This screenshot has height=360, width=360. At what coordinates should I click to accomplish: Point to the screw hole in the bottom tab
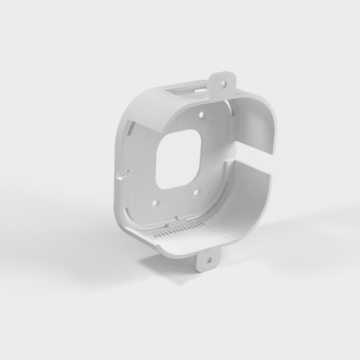[208, 261]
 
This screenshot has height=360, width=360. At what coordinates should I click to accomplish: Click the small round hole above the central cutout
[201, 114]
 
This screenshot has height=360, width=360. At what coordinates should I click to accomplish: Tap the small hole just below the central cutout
[195, 192]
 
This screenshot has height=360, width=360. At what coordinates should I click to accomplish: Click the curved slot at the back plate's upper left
[130, 127]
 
